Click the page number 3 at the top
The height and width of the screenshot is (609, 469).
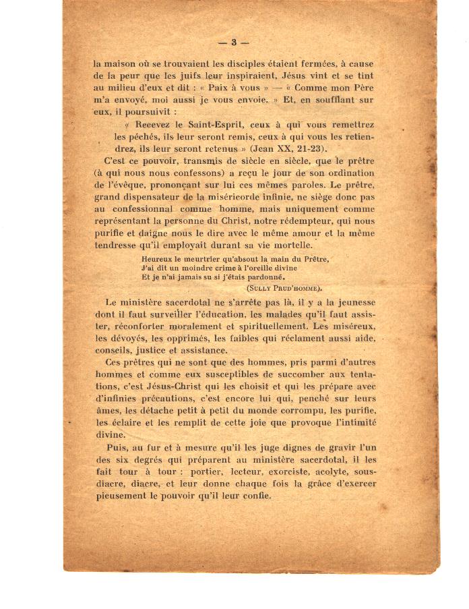tap(233, 42)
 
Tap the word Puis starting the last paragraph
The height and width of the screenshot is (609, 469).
tap(117, 447)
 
